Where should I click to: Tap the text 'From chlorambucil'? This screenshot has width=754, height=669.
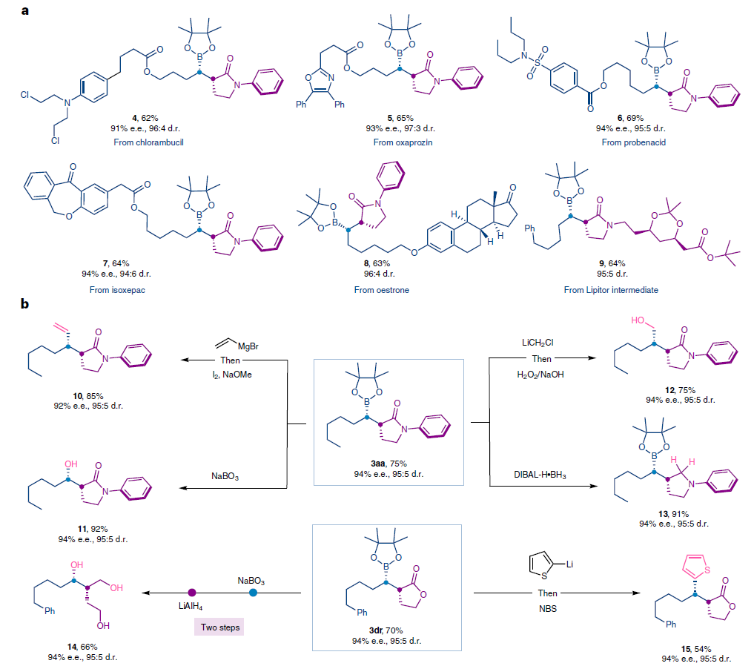click(x=149, y=142)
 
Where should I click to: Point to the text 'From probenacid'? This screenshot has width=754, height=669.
click(x=633, y=142)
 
